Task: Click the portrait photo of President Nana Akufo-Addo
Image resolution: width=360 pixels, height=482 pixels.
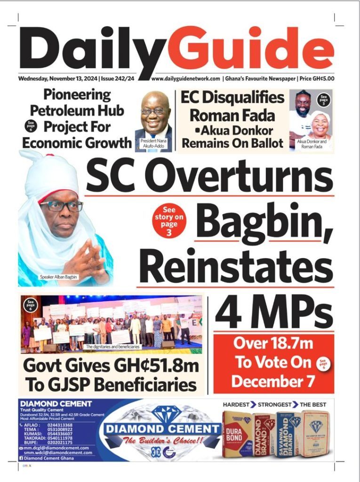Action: tap(156, 118)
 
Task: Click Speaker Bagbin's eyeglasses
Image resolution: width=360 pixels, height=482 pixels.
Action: tap(62, 206)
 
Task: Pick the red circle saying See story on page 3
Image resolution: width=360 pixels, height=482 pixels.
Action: tap(169, 219)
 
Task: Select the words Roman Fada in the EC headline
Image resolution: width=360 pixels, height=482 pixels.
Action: tap(232, 116)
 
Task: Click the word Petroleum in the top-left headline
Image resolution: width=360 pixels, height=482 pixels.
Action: tap(77, 111)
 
